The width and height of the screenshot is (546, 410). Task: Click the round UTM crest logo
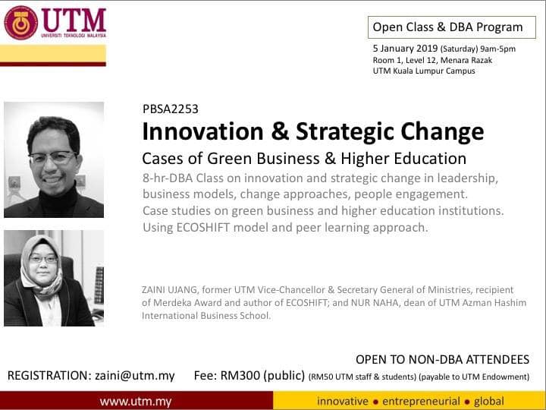pos(21,22)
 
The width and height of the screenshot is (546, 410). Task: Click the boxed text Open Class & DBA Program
pos(447,27)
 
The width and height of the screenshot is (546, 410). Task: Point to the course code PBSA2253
pos(170,109)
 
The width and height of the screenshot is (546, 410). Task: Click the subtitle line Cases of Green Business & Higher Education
pos(304,159)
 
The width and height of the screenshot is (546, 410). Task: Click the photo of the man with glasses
pos(54,159)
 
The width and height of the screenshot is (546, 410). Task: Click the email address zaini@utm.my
pos(134,375)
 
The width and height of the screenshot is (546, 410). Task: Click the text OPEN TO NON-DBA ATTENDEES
pos(442,359)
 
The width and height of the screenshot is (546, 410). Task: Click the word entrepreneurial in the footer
pos(421,400)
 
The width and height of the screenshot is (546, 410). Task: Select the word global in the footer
pos(488,400)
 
